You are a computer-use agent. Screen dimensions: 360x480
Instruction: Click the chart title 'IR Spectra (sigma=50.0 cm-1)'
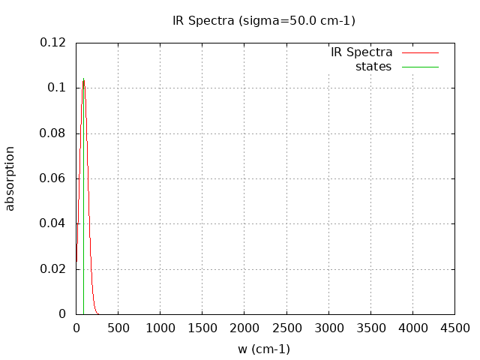coord(264,21)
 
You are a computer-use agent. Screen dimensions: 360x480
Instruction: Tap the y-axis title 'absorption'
coord(10,178)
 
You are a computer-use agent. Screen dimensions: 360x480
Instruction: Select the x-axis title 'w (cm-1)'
coord(264,349)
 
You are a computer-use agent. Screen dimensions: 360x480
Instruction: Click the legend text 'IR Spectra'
coord(361,52)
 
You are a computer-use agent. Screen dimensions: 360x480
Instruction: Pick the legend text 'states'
coord(373,67)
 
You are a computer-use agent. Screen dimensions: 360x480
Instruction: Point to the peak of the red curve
coord(83,79)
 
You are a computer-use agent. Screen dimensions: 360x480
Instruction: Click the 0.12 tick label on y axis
coord(52,43)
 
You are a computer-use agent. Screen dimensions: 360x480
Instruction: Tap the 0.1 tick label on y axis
coord(57,88)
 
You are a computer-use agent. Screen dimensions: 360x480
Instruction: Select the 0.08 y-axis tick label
coord(52,133)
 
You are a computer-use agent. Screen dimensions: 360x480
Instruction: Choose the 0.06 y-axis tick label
coord(52,178)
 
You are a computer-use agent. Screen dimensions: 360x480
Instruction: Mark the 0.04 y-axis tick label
coord(52,223)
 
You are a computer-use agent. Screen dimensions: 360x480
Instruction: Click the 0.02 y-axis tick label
coord(52,269)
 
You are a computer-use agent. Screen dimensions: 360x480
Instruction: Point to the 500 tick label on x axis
coord(118,328)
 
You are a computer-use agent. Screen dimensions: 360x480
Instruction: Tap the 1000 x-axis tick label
coord(160,328)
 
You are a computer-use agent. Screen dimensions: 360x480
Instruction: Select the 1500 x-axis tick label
coord(202,328)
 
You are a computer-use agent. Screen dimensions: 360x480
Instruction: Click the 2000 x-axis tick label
coord(244,328)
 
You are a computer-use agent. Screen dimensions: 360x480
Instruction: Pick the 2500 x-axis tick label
coord(286,328)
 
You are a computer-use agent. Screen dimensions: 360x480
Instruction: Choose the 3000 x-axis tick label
coord(328,328)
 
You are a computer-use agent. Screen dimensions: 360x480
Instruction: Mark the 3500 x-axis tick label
coord(370,328)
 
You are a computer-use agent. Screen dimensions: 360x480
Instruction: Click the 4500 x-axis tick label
coord(454,328)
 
